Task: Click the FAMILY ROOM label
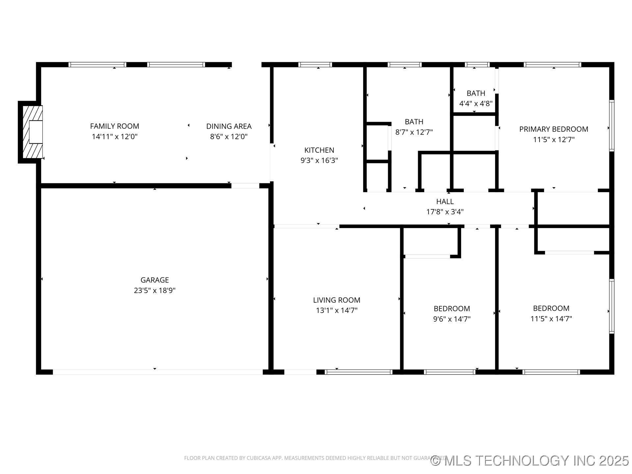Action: pos(115,126)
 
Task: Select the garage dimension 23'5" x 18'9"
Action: pos(154,290)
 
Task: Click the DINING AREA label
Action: pos(229,126)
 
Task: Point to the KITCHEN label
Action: pos(319,150)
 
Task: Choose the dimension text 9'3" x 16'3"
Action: pos(319,160)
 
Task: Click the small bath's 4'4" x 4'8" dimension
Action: pos(476,103)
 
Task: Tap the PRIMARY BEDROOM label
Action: pos(554,129)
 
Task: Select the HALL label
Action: pos(445,201)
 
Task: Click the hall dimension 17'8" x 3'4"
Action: pos(445,212)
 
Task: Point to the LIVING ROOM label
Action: pos(336,300)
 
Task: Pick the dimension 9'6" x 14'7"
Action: pos(452,319)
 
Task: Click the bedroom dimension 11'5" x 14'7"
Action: pos(551,318)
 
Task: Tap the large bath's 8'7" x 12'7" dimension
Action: pos(414,132)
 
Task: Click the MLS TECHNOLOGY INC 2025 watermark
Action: pos(530,461)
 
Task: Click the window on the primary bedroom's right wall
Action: pos(612,125)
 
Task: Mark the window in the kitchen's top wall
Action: pos(315,65)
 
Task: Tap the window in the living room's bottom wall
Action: pos(358,372)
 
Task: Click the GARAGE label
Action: pos(154,280)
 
